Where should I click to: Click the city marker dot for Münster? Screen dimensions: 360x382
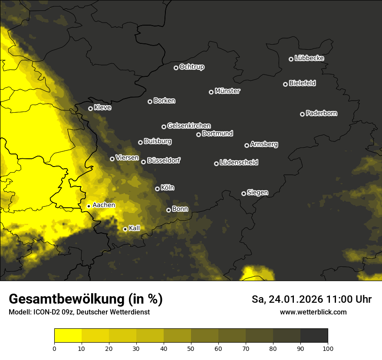coord(211,92)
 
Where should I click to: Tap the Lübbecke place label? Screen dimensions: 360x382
coord(309,58)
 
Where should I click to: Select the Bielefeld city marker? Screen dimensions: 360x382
coord(286,84)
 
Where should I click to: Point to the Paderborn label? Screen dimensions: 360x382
coord(321,113)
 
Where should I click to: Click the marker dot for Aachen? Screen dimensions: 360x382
coord(89,206)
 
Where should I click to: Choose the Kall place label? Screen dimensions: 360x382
coord(134,228)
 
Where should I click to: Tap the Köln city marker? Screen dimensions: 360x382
coord(158,189)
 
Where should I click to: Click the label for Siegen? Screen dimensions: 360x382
coord(257,192)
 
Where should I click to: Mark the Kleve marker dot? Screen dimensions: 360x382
coord(91,108)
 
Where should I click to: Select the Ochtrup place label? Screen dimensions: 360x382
coord(191,67)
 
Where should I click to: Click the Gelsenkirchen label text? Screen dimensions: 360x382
coord(189,126)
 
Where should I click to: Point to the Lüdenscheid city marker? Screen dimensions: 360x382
coord(217,164)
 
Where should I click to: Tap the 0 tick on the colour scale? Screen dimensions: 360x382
coord(54,348)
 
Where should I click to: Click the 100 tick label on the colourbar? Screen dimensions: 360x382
coord(328,348)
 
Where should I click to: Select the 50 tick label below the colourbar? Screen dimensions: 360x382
coord(191,348)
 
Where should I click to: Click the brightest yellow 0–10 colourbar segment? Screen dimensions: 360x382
coord(68,335)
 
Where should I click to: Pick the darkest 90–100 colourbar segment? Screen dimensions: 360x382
coord(314,335)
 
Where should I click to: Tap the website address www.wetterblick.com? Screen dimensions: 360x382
coord(313,312)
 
